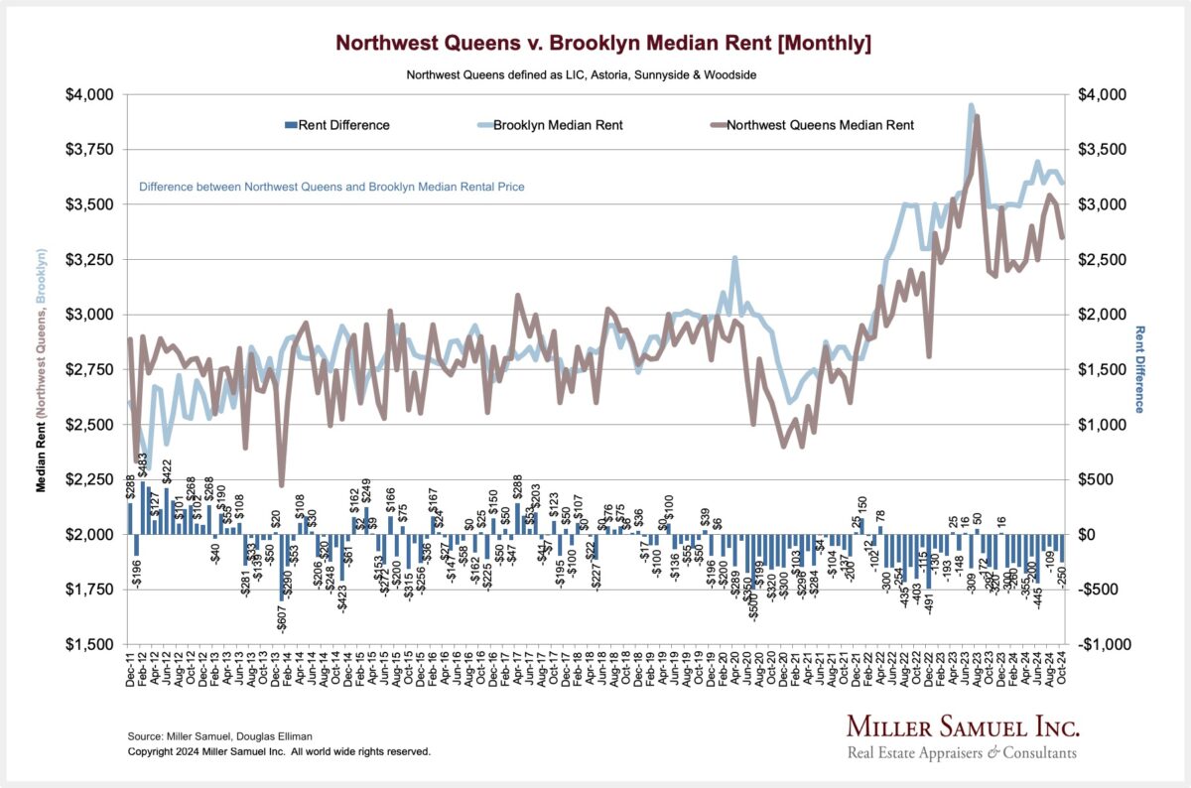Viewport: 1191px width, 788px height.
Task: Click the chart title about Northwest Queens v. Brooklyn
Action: [603, 43]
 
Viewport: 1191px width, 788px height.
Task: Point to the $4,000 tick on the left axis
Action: [90, 95]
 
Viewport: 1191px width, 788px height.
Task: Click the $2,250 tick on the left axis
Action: [90, 479]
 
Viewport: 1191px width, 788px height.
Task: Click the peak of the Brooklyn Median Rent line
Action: [971, 105]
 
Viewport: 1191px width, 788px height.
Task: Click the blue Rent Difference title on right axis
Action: [1139, 369]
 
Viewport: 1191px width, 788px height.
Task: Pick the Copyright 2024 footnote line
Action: [279, 752]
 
